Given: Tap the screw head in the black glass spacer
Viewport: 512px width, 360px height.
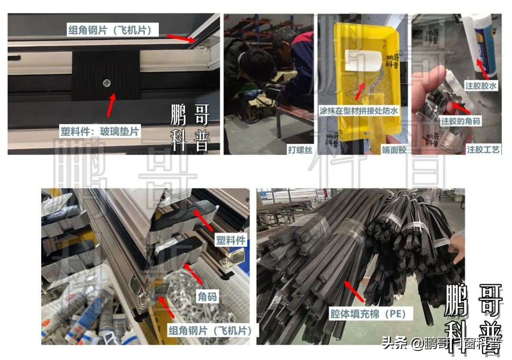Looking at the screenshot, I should (106, 83).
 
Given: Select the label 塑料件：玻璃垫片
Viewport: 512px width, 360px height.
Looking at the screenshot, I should (100, 131).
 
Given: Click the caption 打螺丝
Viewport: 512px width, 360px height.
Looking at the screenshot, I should (299, 150).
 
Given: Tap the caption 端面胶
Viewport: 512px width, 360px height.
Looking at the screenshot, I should (394, 150).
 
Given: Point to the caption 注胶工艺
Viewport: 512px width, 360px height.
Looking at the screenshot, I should (484, 150).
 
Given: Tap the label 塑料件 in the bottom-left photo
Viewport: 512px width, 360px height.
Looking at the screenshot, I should (230, 240).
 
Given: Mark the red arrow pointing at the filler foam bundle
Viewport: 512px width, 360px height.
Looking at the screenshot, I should (354, 291).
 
